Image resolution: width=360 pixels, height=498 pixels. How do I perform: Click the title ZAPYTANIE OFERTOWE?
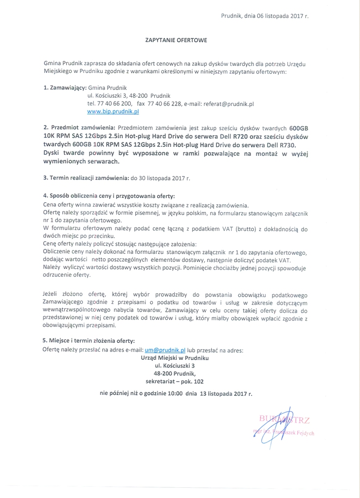pos(177,40)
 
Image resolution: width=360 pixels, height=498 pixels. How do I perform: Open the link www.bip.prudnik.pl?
pos(113,111)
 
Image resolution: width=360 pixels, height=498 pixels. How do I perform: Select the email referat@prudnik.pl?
pos(227,104)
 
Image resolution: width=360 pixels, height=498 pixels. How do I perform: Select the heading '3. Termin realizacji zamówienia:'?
pos(85,178)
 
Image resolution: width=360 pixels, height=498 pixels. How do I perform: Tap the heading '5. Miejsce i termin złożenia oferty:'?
pos(89,341)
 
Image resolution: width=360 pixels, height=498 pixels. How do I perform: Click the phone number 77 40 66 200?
pos(114,104)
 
